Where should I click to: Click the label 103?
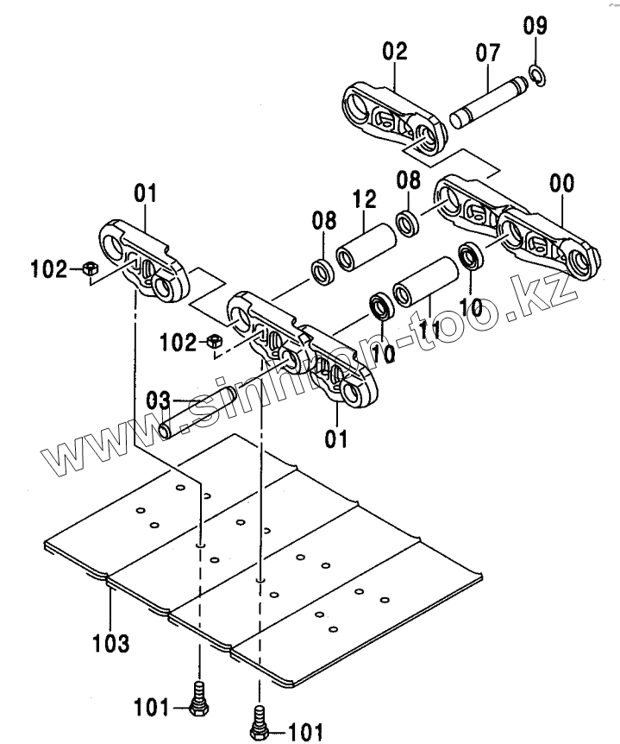(x=112, y=643)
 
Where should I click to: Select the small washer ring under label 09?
(x=536, y=75)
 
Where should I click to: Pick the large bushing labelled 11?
(x=425, y=281)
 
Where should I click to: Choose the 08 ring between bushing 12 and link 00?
(x=407, y=222)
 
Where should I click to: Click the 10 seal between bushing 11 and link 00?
(x=471, y=255)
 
